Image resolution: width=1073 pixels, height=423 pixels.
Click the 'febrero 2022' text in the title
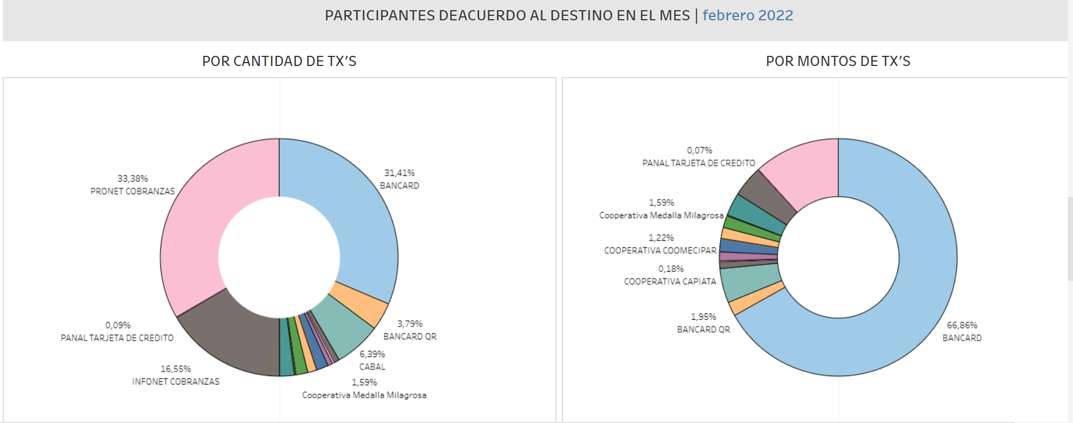tap(748, 15)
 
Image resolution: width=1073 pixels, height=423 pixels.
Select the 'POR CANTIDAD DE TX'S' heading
tap(279, 61)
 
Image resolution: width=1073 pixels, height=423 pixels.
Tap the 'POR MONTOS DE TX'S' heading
tap(838, 61)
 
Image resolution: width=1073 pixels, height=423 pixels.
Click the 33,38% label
tap(133, 179)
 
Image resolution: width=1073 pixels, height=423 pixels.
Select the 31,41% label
tap(399, 173)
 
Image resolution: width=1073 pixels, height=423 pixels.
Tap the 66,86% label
tap(962, 325)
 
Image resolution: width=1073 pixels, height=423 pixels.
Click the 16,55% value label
tap(176, 369)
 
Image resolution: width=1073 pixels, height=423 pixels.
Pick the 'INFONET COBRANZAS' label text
tap(176, 382)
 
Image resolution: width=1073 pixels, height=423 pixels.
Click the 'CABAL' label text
tap(372, 367)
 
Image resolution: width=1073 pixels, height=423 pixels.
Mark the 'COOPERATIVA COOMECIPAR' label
tap(660, 250)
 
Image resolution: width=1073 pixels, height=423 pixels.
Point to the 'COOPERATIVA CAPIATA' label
tap(670, 281)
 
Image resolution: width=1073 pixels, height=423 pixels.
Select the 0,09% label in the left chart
tap(118, 325)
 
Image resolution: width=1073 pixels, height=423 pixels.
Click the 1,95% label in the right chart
tap(703, 317)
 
